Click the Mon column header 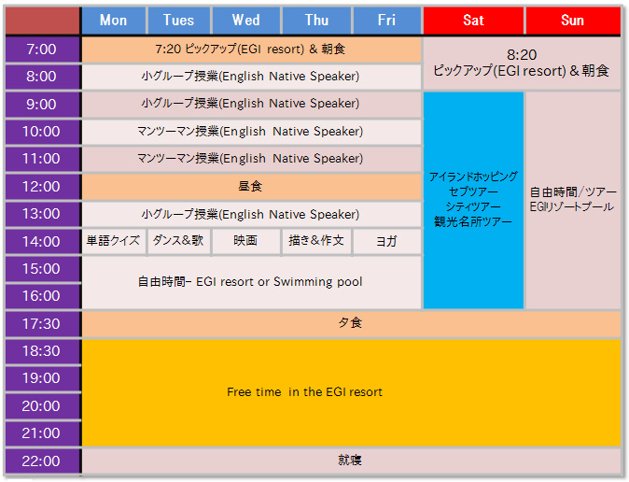114,21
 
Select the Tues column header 179,21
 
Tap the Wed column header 245,21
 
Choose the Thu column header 316,21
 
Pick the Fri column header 386,21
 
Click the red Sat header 473,21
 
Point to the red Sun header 573,21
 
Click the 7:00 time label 42,50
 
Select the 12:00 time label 42,187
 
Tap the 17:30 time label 42,324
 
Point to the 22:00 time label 42,461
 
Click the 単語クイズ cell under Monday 114,241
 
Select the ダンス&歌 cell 178,241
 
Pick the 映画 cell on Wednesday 245,241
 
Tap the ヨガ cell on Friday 386,241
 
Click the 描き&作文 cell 316,241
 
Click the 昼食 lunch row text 250,187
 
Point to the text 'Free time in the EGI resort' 304,392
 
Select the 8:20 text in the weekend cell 522,54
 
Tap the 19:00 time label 42,378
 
